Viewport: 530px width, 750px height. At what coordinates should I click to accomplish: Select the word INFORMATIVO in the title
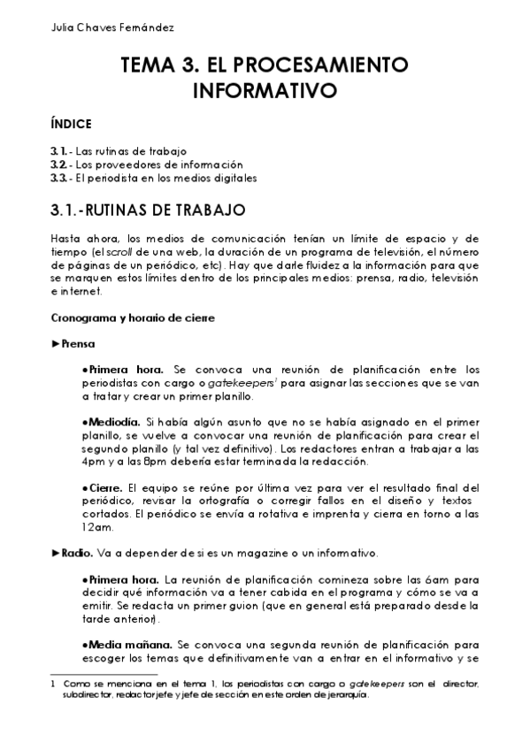pyautogui.click(x=265, y=90)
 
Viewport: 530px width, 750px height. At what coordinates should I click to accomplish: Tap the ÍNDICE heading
pyautogui.click(x=72, y=124)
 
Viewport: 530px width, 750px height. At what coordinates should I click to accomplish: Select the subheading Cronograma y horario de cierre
pyautogui.click(x=133, y=318)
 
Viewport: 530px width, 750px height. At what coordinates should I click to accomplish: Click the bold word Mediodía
pyautogui.click(x=113, y=422)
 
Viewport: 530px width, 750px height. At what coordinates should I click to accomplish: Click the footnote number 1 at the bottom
pyautogui.click(x=55, y=683)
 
